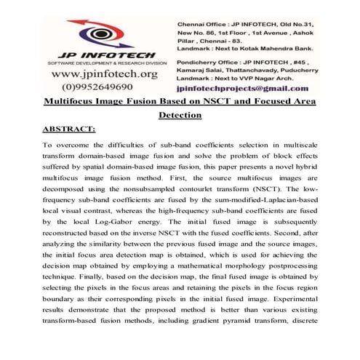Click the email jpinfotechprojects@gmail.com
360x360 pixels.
point(247,87)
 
